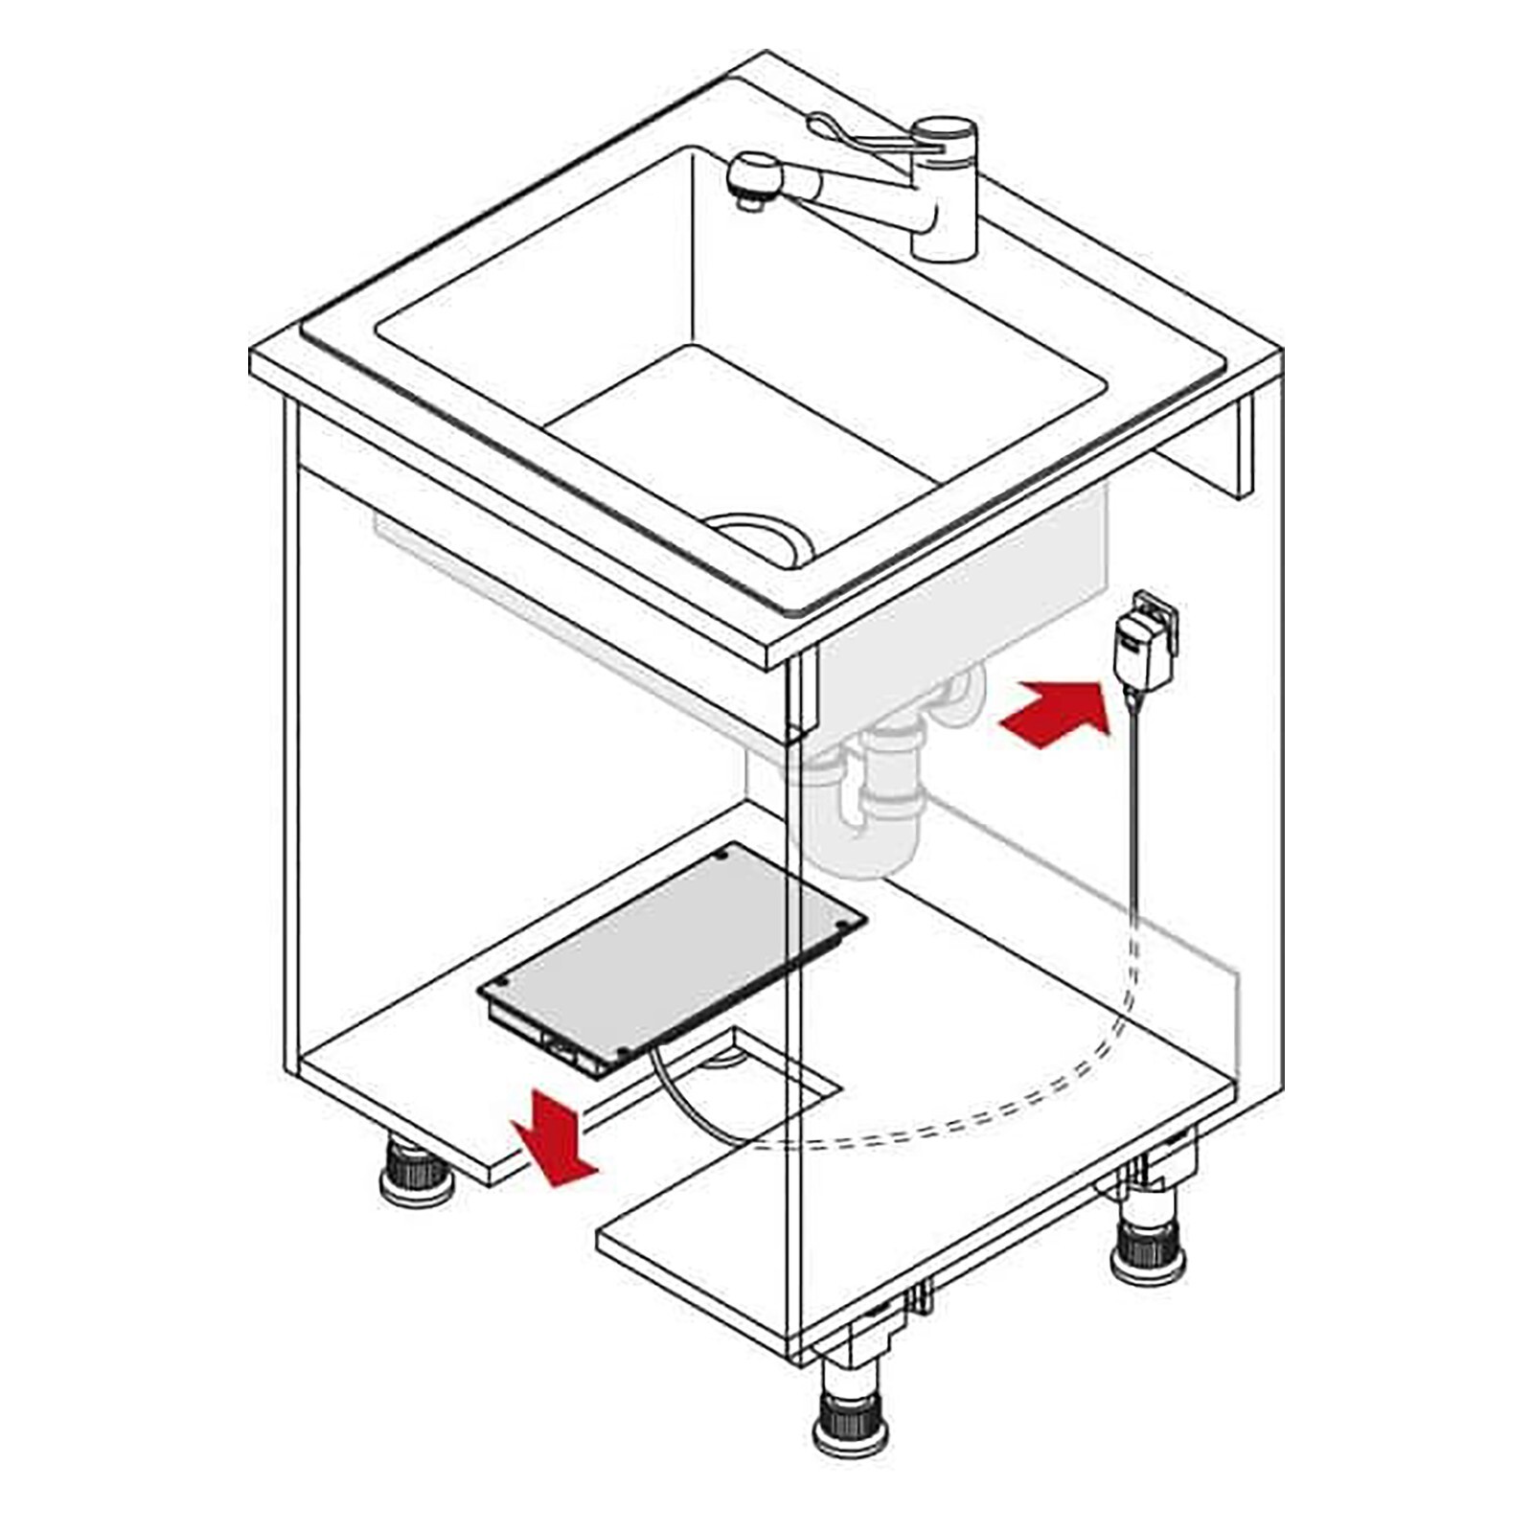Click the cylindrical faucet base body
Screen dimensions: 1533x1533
point(944,206)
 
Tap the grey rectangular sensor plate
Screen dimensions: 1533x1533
point(671,949)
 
